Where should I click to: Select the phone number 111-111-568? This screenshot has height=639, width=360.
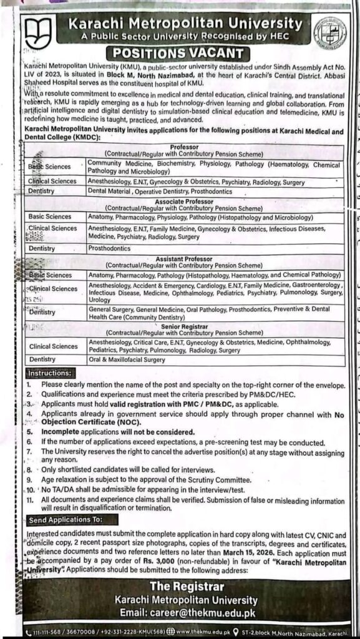point(44,631)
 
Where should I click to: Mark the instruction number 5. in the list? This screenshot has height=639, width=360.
point(29,431)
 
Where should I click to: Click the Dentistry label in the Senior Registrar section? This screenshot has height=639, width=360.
point(42,359)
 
